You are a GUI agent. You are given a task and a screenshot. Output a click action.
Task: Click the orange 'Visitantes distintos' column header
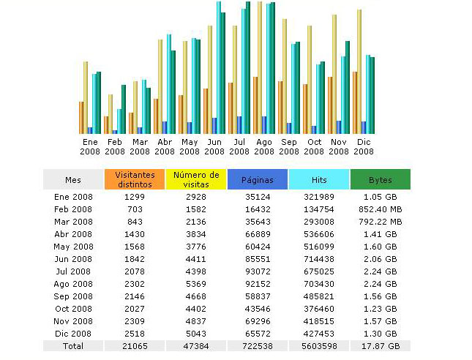135,179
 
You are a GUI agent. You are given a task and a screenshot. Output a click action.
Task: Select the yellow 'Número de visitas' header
196,179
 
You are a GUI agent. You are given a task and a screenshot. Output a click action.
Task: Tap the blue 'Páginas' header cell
257,179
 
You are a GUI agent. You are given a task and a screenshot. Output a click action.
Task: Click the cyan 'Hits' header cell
318,179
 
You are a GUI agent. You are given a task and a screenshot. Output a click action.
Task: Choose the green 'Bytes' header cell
380,179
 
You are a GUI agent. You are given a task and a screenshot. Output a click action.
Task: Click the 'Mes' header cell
73,179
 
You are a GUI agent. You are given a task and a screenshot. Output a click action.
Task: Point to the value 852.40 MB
380,209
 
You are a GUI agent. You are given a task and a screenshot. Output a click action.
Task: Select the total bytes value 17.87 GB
380,345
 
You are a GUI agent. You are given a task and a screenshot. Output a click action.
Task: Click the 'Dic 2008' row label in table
73,334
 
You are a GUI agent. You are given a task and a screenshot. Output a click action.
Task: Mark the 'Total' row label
73,345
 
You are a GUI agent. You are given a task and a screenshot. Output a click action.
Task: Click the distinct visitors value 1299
135,196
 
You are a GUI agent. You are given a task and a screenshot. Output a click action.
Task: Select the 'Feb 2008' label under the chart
115,146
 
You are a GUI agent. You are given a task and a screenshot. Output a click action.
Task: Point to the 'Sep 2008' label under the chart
289,146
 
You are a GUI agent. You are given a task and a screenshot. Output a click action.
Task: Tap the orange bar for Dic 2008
355,102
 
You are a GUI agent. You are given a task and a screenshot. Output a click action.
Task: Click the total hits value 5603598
318,345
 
